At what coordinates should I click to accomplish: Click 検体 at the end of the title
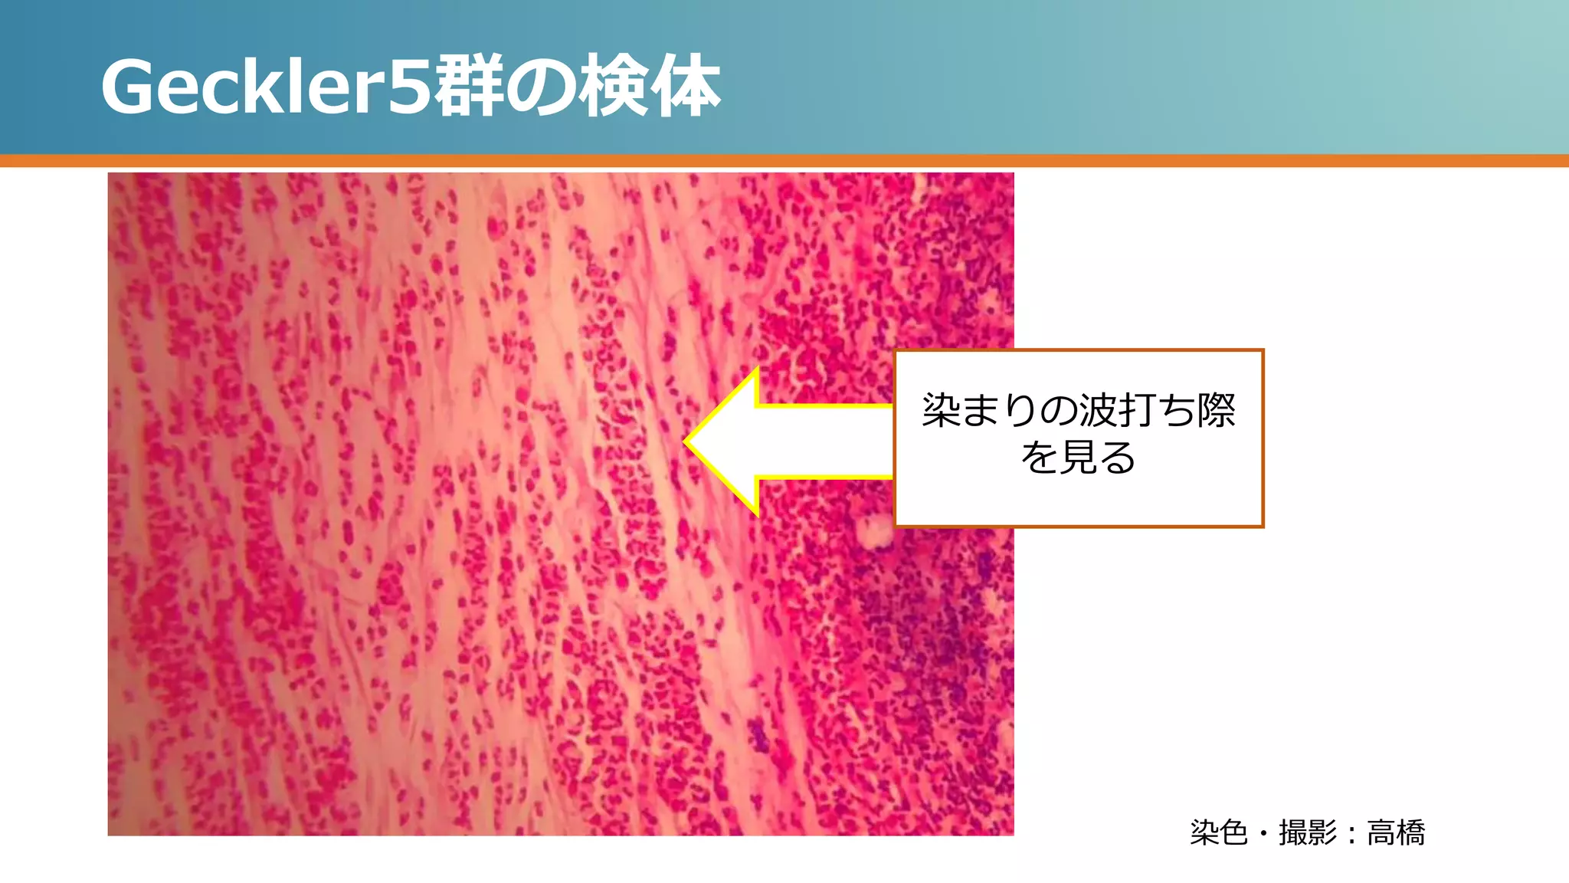point(650,87)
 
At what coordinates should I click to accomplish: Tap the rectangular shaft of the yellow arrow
point(824,442)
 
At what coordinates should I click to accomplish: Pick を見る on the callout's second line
point(1078,458)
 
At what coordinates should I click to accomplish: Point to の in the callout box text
point(1058,411)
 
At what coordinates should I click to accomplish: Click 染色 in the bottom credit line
point(1219,832)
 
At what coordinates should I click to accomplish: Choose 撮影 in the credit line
point(1308,832)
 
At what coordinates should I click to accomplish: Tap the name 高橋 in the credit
point(1396,832)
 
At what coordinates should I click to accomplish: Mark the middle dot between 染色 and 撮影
point(1263,833)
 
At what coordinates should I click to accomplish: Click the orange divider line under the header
point(784,161)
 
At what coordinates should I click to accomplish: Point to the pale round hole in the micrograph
point(873,530)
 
